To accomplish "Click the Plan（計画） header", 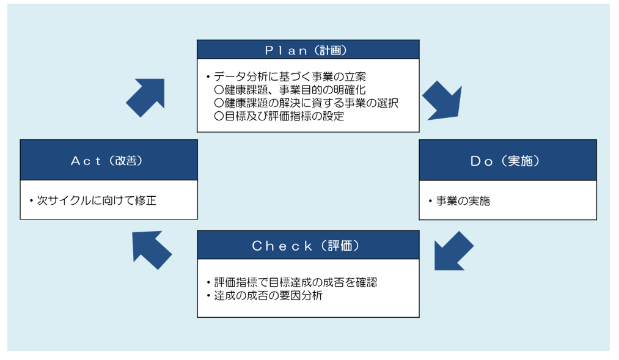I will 308,50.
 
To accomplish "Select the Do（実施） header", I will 507,160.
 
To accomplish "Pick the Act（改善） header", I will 109,160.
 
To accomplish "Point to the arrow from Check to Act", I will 152,249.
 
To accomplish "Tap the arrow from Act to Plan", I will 145,97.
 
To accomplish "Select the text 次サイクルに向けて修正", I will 96,200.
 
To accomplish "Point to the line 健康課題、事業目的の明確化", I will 290,90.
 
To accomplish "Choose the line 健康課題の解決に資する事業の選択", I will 306,103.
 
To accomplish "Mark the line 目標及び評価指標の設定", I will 279,116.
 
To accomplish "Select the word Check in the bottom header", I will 282,246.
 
